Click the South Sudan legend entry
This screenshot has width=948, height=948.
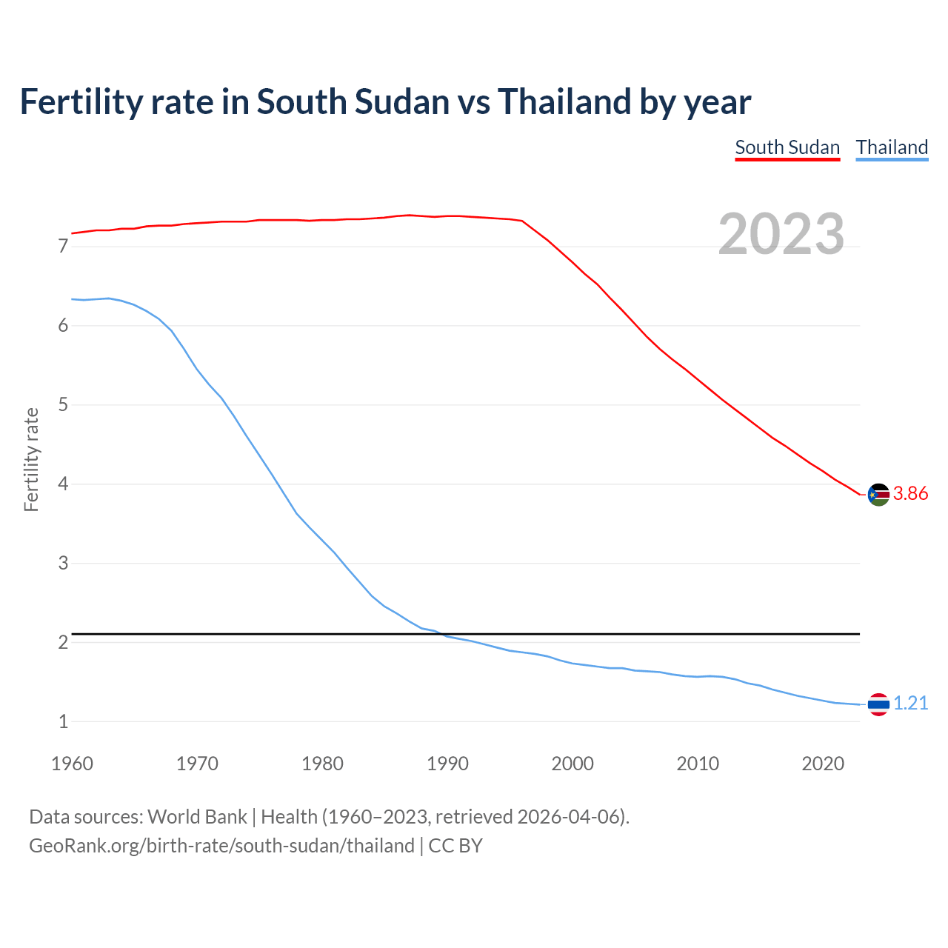[787, 147]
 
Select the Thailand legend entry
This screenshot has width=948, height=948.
[892, 147]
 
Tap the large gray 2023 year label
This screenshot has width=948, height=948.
[781, 234]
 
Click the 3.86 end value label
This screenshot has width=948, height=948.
[910, 493]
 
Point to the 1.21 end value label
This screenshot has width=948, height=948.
[910, 703]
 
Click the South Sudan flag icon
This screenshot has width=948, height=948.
[878, 494]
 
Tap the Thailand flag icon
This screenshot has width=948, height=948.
[878, 704]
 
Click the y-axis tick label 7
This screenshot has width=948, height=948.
[63, 247]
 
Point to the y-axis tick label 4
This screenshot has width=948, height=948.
[63, 484]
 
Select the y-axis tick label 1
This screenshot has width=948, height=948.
[63, 721]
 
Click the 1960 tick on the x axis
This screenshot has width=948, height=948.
[72, 764]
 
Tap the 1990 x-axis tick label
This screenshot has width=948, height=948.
[447, 764]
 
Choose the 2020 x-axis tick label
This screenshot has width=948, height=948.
[823, 764]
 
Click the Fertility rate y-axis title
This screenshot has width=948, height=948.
[31, 459]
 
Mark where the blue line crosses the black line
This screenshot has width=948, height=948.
[442, 634]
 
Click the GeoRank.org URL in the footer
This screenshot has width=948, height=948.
[221, 846]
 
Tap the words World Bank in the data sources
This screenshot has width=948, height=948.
[197, 817]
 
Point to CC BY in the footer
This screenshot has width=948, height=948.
[455, 846]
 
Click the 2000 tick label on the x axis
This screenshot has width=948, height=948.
[573, 764]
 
